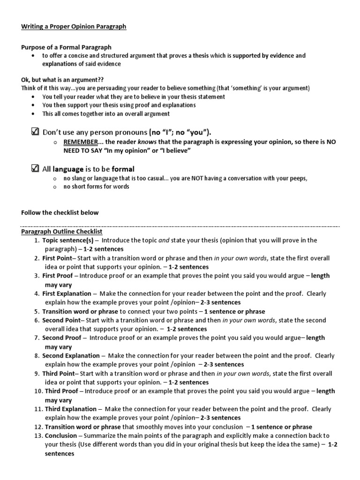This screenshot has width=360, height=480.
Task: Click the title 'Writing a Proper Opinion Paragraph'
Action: pos(74,27)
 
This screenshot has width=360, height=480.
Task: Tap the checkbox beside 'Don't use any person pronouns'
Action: pos(35,132)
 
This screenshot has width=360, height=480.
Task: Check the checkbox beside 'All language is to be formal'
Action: pos(35,168)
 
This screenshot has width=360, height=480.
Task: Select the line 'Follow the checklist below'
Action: pos(60,212)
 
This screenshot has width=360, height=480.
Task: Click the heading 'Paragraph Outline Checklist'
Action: pos(61,232)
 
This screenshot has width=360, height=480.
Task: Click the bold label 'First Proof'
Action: pos(58,276)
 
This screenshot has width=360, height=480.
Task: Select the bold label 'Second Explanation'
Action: pos(71,356)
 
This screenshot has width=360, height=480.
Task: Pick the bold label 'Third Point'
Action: pos(59,374)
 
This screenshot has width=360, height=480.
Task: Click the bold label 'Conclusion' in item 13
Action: pos(60,435)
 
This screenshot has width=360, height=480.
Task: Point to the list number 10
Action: pos(36,391)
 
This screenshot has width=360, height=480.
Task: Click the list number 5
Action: pos(37,312)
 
